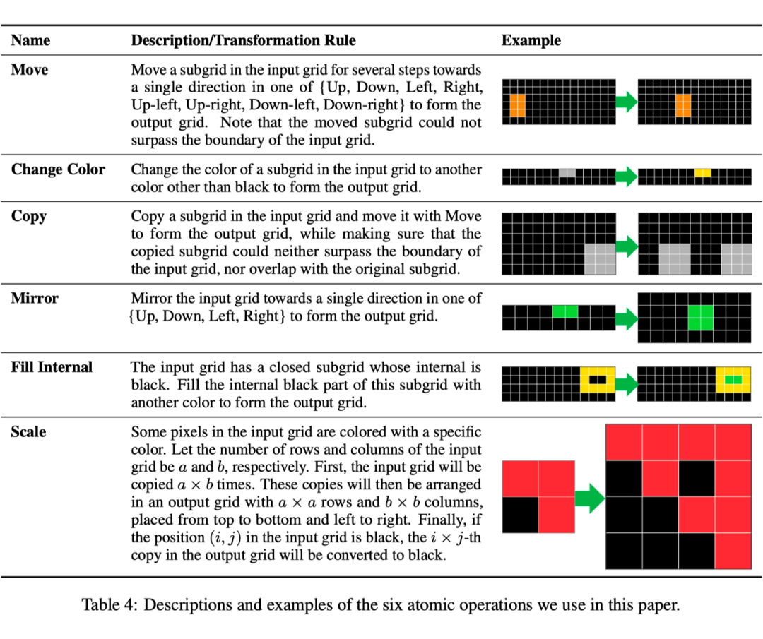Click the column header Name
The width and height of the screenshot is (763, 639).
tap(30, 41)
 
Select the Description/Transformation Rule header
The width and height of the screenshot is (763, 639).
tap(244, 41)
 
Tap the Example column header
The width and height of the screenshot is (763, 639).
tap(531, 41)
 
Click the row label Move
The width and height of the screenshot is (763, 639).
tap(30, 71)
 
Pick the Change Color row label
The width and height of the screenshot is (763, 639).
tap(58, 169)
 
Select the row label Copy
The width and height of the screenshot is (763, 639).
tap(29, 216)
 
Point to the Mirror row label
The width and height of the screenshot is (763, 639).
tap(35, 298)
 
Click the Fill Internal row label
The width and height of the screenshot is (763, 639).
tap(52, 367)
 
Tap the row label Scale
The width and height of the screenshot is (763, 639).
tap(28, 431)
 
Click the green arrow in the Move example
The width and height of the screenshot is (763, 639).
tap(627, 102)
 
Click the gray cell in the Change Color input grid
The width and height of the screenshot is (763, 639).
tap(567, 172)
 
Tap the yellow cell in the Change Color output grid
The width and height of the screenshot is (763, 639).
tap(703, 172)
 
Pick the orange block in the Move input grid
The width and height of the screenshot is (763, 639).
tap(517, 106)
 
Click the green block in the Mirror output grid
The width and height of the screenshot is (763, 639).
tap(700, 318)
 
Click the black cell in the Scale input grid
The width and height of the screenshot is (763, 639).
tap(520, 515)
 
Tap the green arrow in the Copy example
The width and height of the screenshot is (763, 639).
tap(627, 246)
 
